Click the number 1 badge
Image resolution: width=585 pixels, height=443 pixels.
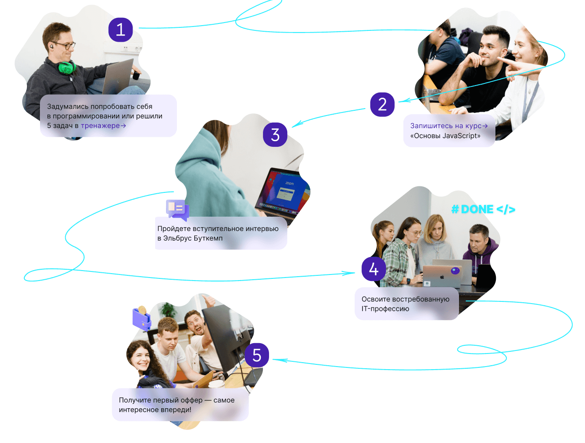120,30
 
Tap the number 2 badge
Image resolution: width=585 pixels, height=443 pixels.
382,104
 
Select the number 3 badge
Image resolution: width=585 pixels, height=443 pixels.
275,135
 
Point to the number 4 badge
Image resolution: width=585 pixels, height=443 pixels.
374,269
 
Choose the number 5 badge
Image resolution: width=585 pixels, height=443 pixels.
257,355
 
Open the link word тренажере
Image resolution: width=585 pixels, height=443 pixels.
100,126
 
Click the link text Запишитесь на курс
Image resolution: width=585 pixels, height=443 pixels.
446,126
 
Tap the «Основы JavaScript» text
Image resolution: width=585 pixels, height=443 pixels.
445,136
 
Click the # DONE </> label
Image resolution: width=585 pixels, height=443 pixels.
483,209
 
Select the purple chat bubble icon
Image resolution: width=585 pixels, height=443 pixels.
177,209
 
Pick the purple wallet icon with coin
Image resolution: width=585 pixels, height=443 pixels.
142,318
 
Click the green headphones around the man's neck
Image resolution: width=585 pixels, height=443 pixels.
66,67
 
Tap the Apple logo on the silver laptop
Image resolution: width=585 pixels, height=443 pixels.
442,276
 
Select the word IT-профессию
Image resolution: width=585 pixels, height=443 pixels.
385,309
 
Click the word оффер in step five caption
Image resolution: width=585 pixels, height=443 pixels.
191,400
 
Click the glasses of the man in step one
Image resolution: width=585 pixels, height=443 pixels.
64,45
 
